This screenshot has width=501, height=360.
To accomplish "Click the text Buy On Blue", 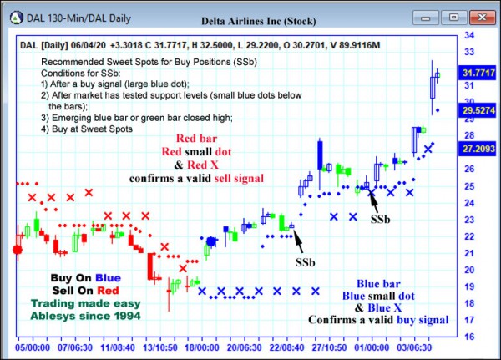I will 85,278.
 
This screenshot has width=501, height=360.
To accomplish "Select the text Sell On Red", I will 85,291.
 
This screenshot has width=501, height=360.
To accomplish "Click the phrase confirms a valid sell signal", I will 196,178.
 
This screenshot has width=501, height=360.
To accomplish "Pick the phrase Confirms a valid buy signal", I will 378,319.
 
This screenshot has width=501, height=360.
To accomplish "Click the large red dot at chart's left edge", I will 18,249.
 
